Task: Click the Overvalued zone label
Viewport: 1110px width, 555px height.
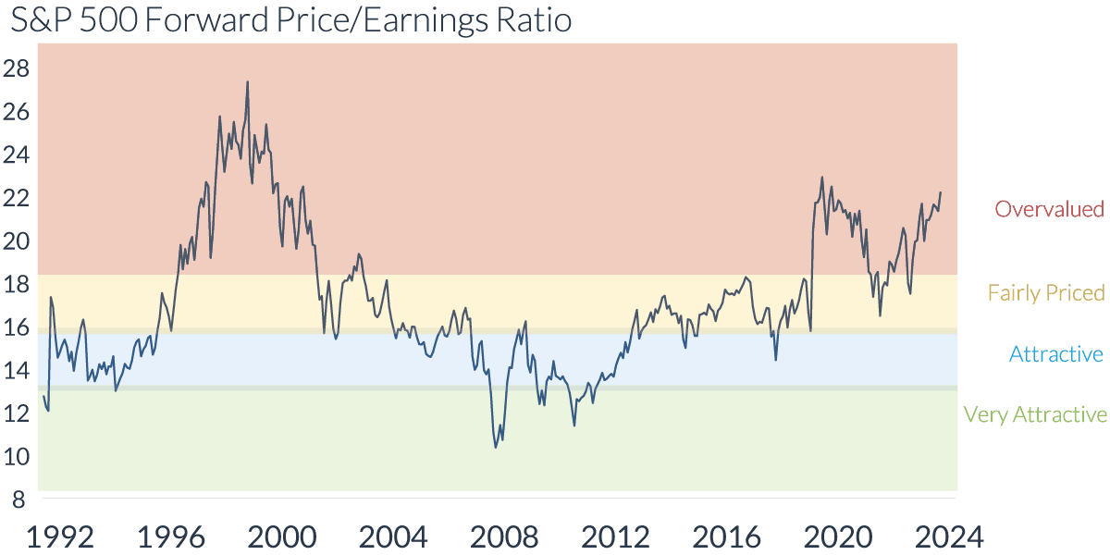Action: click(x=1049, y=209)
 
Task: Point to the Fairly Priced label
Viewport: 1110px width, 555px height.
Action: click(x=1046, y=293)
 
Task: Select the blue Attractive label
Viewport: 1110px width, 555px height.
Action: click(x=1055, y=354)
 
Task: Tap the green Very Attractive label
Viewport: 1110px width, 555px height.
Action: click(x=1034, y=414)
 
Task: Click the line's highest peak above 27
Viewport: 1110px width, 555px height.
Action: click(x=247, y=81)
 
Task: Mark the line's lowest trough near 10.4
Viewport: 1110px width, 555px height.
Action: click(x=496, y=448)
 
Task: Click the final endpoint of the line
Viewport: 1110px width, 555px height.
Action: click(x=941, y=192)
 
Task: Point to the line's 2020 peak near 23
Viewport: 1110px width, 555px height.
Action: click(x=821, y=178)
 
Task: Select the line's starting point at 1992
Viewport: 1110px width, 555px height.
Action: click(x=43, y=397)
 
